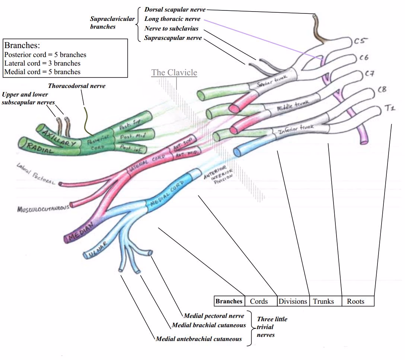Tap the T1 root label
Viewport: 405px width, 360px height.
(x=390, y=108)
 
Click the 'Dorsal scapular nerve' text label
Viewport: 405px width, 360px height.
(x=175, y=9)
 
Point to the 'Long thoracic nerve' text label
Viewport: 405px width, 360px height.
(x=172, y=19)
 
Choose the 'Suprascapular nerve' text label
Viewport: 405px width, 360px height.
(x=173, y=38)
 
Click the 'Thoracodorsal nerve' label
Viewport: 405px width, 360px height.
(x=77, y=86)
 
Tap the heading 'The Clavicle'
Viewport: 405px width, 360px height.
(x=174, y=72)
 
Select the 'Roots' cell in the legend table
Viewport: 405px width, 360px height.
(x=355, y=301)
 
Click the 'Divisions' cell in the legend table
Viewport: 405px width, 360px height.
(x=293, y=301)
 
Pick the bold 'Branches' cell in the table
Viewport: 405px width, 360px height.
(x=229, y=301)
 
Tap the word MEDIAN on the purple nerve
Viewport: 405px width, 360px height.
(x=79, y=234)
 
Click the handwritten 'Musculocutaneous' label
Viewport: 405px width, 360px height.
(x=43, y=209)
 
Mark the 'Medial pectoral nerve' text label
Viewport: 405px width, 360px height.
(x=214, y=316)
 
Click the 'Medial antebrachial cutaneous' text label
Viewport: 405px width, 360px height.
(x=199, y=339)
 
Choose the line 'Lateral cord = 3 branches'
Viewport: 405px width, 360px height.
(x=42, y=63)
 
